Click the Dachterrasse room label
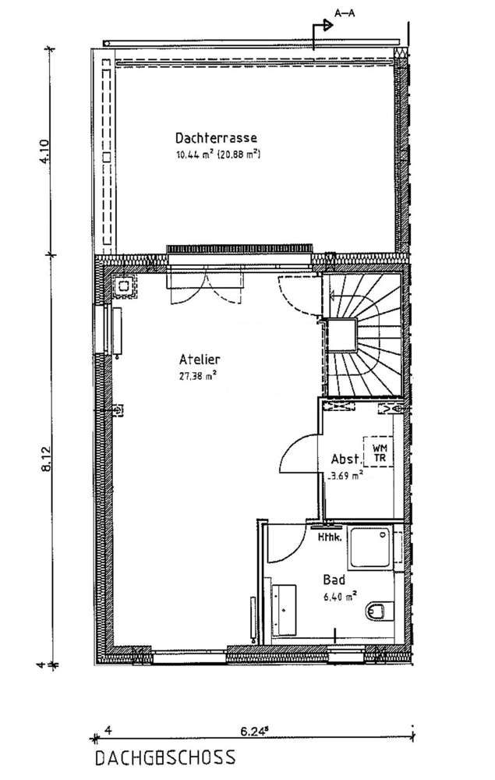click(216, 138)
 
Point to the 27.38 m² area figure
click(197, 375)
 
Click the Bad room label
click(334, 580)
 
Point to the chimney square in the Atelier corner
click(124, 286)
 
